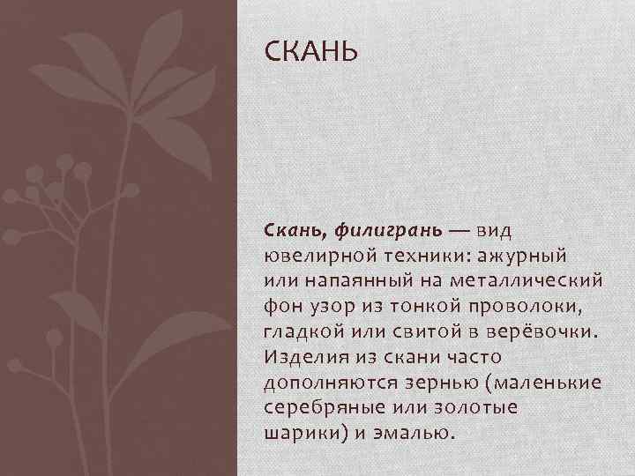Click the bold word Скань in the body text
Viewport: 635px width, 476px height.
coord(292,230)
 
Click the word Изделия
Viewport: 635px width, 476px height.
coord(301,357)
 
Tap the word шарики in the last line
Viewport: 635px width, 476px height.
coord(298,433)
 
